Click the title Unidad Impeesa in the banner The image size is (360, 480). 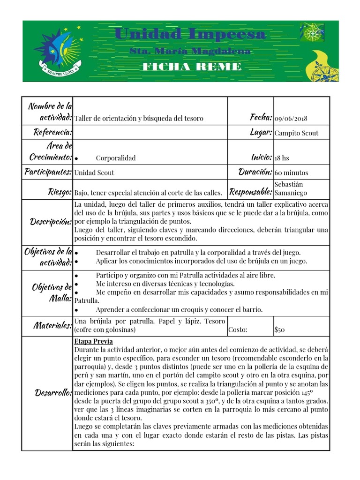pos(190,34)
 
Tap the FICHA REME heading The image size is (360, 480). pos(192,67)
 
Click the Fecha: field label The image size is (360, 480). pos(261,117)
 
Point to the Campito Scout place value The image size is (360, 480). pos(296,133)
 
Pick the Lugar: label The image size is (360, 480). pos(261,133)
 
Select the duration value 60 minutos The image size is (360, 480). pos(292,172)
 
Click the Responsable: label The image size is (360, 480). pos(250,191)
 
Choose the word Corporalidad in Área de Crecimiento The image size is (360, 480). pos(116,158)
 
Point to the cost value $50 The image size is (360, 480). pos(279,330)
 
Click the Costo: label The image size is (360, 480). pos(238,330)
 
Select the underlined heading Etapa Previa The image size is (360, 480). pos(93,341)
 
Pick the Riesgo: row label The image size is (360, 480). pos(59,192)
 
